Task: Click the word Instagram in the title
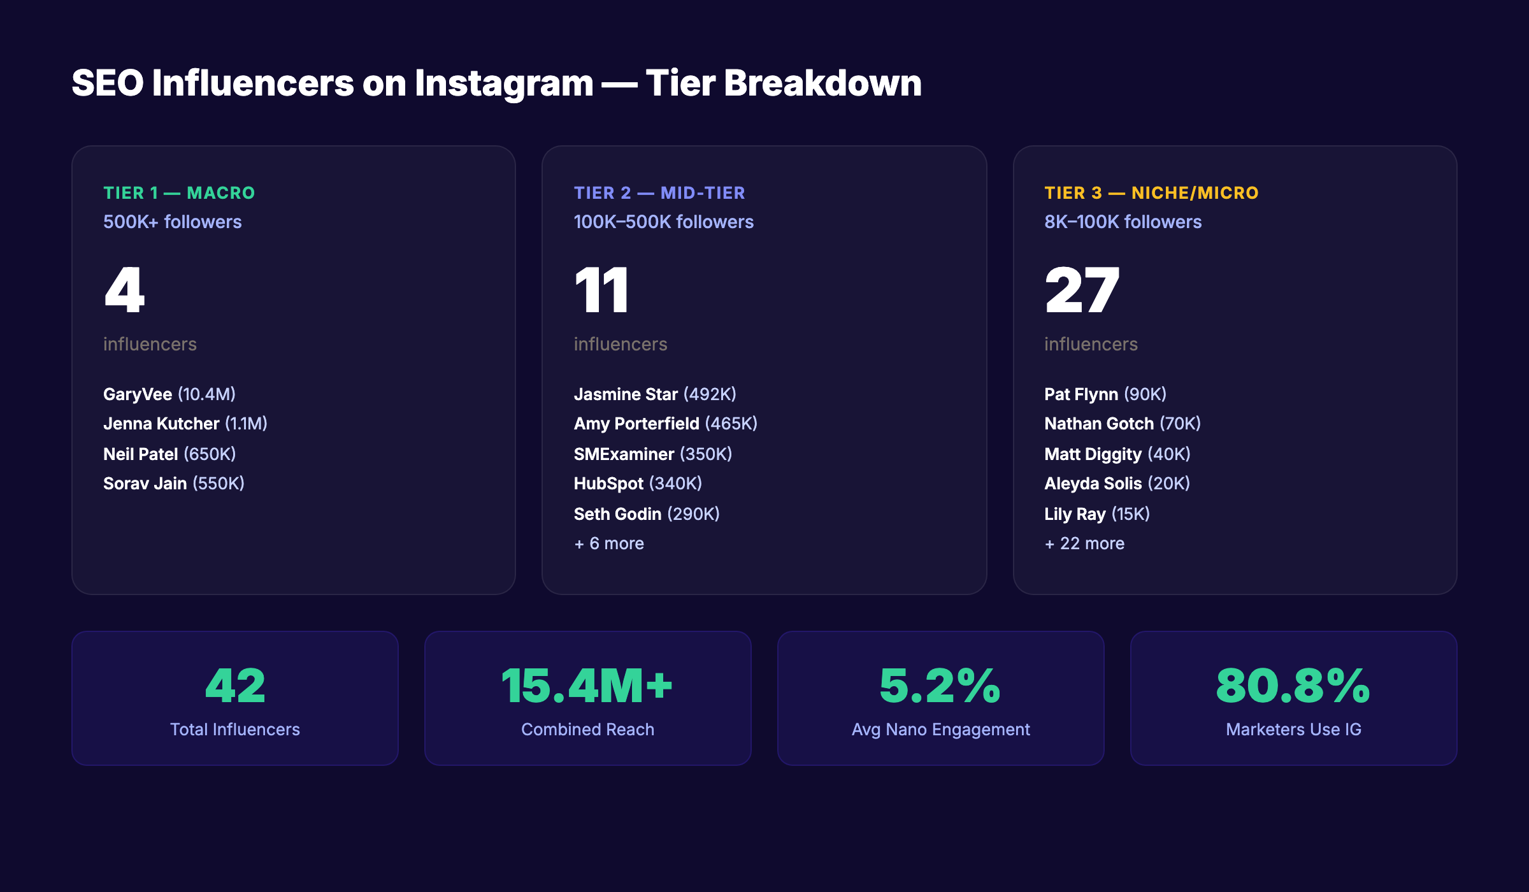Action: [x=503, y=83]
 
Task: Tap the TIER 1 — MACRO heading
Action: [x=179, y=193]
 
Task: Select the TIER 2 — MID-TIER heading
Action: [x=659, y=193]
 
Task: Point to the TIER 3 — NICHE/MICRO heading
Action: [x=1151, y=193]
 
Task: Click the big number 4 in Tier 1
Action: [x=125, y=291]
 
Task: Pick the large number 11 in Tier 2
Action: [x=601, y=291]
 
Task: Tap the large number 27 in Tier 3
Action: [x=1082, y=291]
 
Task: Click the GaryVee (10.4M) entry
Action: [x=169, y=394]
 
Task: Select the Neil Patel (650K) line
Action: [x=169, y=454]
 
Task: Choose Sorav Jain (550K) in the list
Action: [x=174, y=484]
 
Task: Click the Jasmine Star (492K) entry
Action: [x=655, y=394]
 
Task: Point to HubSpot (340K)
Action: [x=638, y=484]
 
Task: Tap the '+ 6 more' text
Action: [x=609, y=543]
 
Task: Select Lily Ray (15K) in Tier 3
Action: [x=1097, y=514]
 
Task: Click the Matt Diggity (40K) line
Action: [x=1117, y=454]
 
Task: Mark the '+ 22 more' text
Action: [x=1085, y=543]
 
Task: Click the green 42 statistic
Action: [x=235, y=686]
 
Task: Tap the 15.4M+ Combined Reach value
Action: [x=587, y=686]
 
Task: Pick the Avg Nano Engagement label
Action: [x=941, y=730]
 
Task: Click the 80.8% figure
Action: [x=1293, y=686]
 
